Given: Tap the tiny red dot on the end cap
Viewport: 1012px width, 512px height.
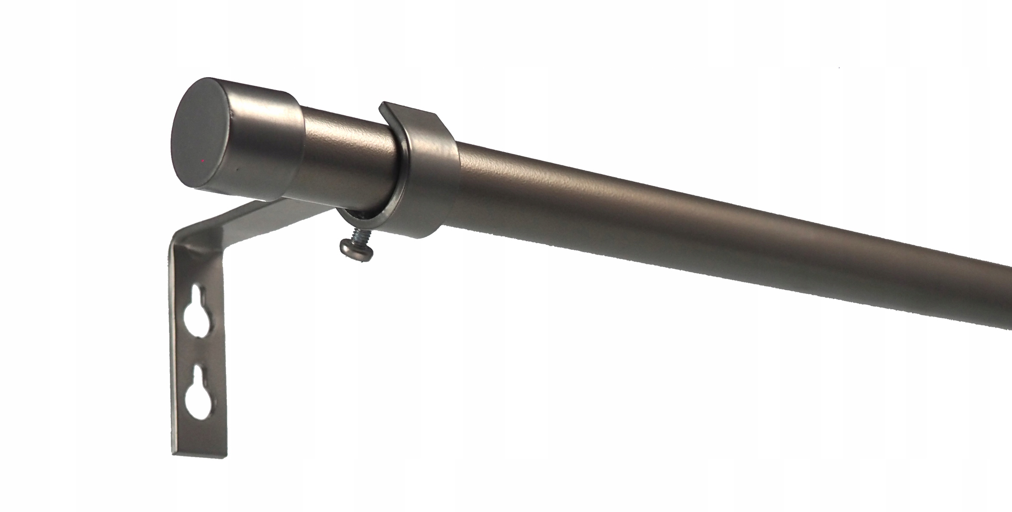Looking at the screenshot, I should coord(203,161).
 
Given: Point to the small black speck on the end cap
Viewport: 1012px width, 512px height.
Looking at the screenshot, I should coord(236,171).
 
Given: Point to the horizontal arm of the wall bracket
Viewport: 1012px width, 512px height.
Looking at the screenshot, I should coord(258,220).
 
